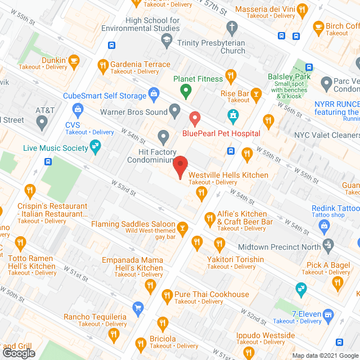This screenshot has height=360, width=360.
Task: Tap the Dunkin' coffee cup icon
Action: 73,60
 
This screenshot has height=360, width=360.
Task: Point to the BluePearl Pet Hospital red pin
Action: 195,119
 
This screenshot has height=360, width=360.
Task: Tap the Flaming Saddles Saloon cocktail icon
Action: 182,228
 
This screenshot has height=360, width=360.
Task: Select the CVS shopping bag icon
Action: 78,109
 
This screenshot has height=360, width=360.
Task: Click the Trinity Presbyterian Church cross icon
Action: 231,27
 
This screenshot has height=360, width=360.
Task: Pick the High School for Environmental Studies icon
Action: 166,39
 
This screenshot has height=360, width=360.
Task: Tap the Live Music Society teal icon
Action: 96,148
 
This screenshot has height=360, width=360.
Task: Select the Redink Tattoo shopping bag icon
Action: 323,226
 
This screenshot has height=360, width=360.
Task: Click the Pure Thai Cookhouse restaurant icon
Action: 167,295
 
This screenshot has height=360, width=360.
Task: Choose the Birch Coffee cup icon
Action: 318,26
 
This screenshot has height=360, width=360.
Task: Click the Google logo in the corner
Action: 19,353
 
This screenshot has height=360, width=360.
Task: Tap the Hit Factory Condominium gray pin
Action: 164,136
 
